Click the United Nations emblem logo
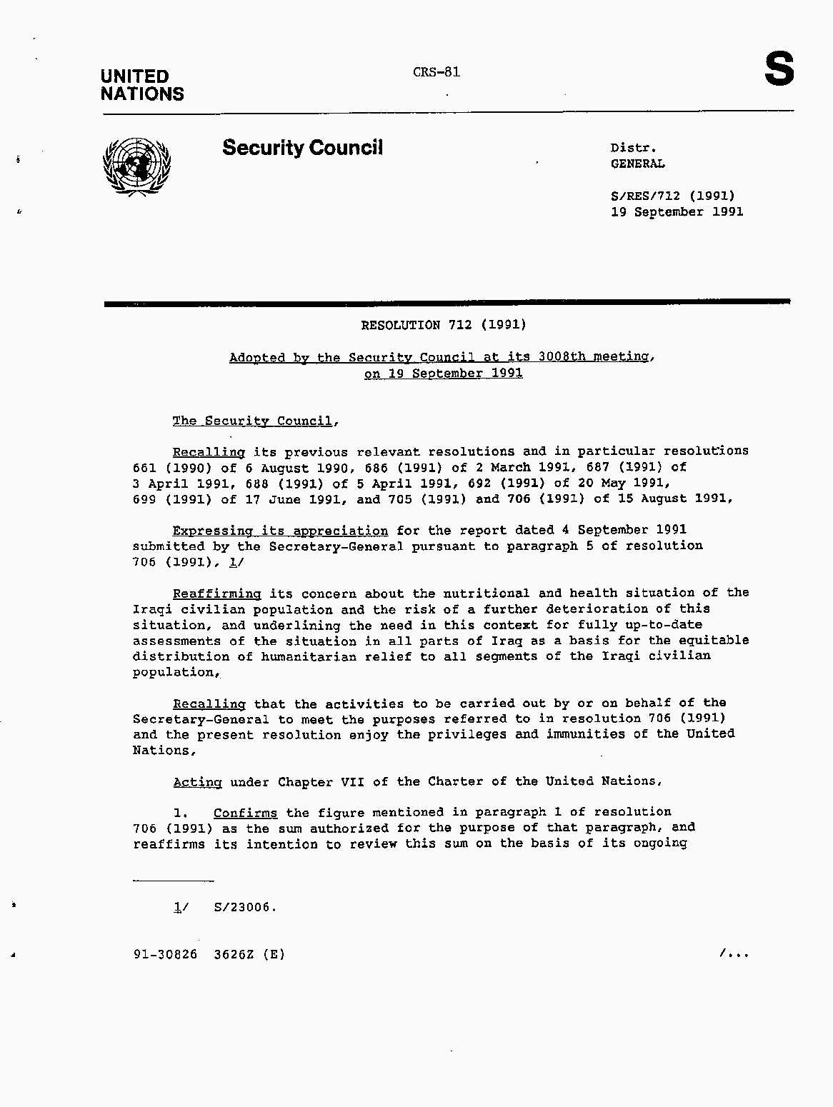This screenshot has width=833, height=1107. [137, 166]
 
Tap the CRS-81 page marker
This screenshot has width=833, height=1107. [436, 72]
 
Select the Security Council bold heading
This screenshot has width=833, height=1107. [302, 148]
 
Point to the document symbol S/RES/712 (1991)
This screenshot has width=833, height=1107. [672, 196]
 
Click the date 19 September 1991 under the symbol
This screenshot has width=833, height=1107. [677, 212]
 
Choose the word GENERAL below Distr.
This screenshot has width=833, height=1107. [637, 164]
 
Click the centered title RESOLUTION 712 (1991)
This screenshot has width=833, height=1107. [443, 325]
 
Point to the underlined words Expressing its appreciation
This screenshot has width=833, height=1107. [280, 531]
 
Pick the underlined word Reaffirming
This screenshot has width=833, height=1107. [216, 593]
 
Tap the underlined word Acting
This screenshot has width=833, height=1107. [197, 782]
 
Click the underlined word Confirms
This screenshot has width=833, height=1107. [245, 813]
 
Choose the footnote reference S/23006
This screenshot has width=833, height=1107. [244, 908]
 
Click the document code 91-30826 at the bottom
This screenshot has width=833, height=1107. [165, 954]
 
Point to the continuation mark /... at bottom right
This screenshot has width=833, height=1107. [734, 953]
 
